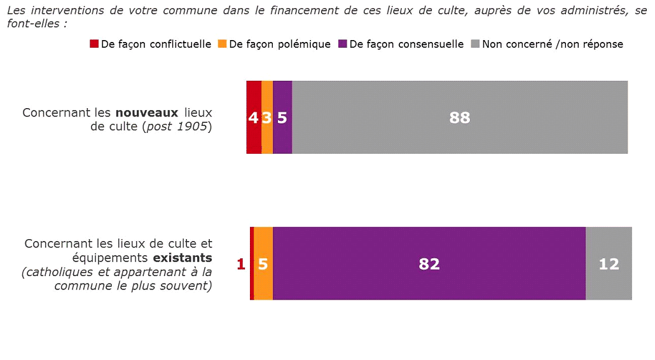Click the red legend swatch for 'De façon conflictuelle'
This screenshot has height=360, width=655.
click(x=94, y=44)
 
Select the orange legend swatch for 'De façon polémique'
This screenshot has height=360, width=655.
click(x=222, y=44)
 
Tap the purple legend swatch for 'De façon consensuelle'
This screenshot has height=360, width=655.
click(x=343, y=44)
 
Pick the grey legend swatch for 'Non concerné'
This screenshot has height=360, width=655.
click(x=475, y=44)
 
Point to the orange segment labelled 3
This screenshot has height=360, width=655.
click(x=267, y=117)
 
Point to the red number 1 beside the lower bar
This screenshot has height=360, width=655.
click(x=241, y=264)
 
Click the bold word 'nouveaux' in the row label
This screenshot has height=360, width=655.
click(x=146, y=113)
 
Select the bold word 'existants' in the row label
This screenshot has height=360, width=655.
click(x=183, y=258)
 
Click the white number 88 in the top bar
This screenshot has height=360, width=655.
click(x=459, y=118)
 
